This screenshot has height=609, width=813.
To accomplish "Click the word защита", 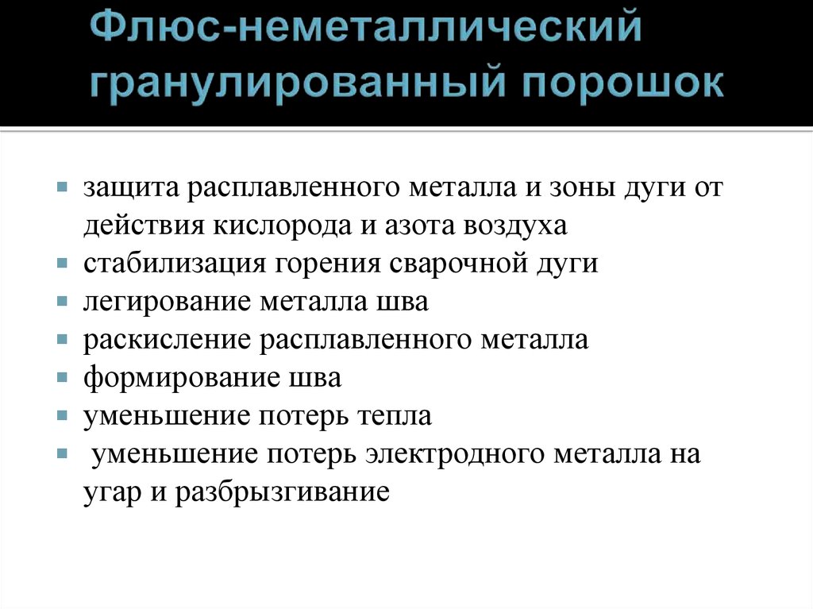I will coord(132,188).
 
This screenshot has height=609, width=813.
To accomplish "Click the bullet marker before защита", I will coord(63,189).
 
